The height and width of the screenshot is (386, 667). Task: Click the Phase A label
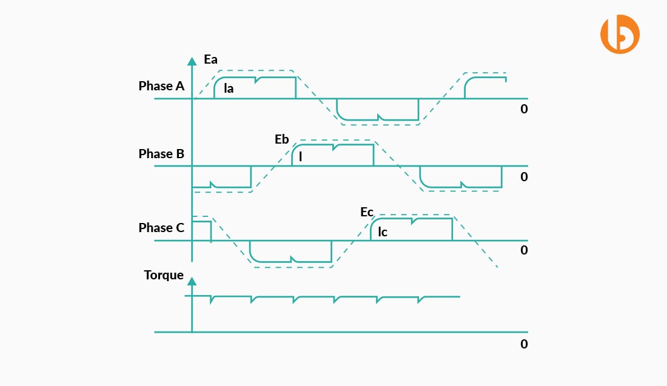pyautogui.click(x=161, y=86)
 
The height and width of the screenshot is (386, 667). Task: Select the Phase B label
pyautogui.click(x=161, y=154)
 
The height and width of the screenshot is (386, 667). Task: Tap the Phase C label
pyautogui.click(x=161, y=228)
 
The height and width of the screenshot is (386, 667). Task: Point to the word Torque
pyautogui.click(x=164, y=275)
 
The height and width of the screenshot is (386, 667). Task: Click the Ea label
pyautogui.click(x=211, y=60)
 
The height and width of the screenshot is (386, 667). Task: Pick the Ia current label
pyautogui.click(x=229, y=89)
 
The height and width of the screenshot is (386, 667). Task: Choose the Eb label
pyautogui.click(x=282, y=139)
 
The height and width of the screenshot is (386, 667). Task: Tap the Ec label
pyautogui.click(x=367, y=212)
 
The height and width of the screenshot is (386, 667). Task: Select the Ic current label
pyautogui.click(x=383, y=231)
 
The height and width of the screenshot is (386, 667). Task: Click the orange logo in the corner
pyautogui.click(x=620, y=36)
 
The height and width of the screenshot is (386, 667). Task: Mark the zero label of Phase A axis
pyautogui.click(x=524, y=110)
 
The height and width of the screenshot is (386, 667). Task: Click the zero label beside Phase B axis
pyautogui.click(x=524, y=177)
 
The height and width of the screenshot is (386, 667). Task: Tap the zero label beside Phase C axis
pyautogui.click(x=524, y=250)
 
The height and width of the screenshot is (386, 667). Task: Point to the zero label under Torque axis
pyautogui.click(x=524, y=344)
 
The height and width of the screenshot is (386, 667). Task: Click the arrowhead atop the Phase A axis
pyautogui.click(x=192, y=61)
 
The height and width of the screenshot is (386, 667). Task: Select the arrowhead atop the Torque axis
pyautogui.click(x=192, y=281)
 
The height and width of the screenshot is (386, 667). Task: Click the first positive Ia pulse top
pyautogui.click(x=255, y=78)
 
